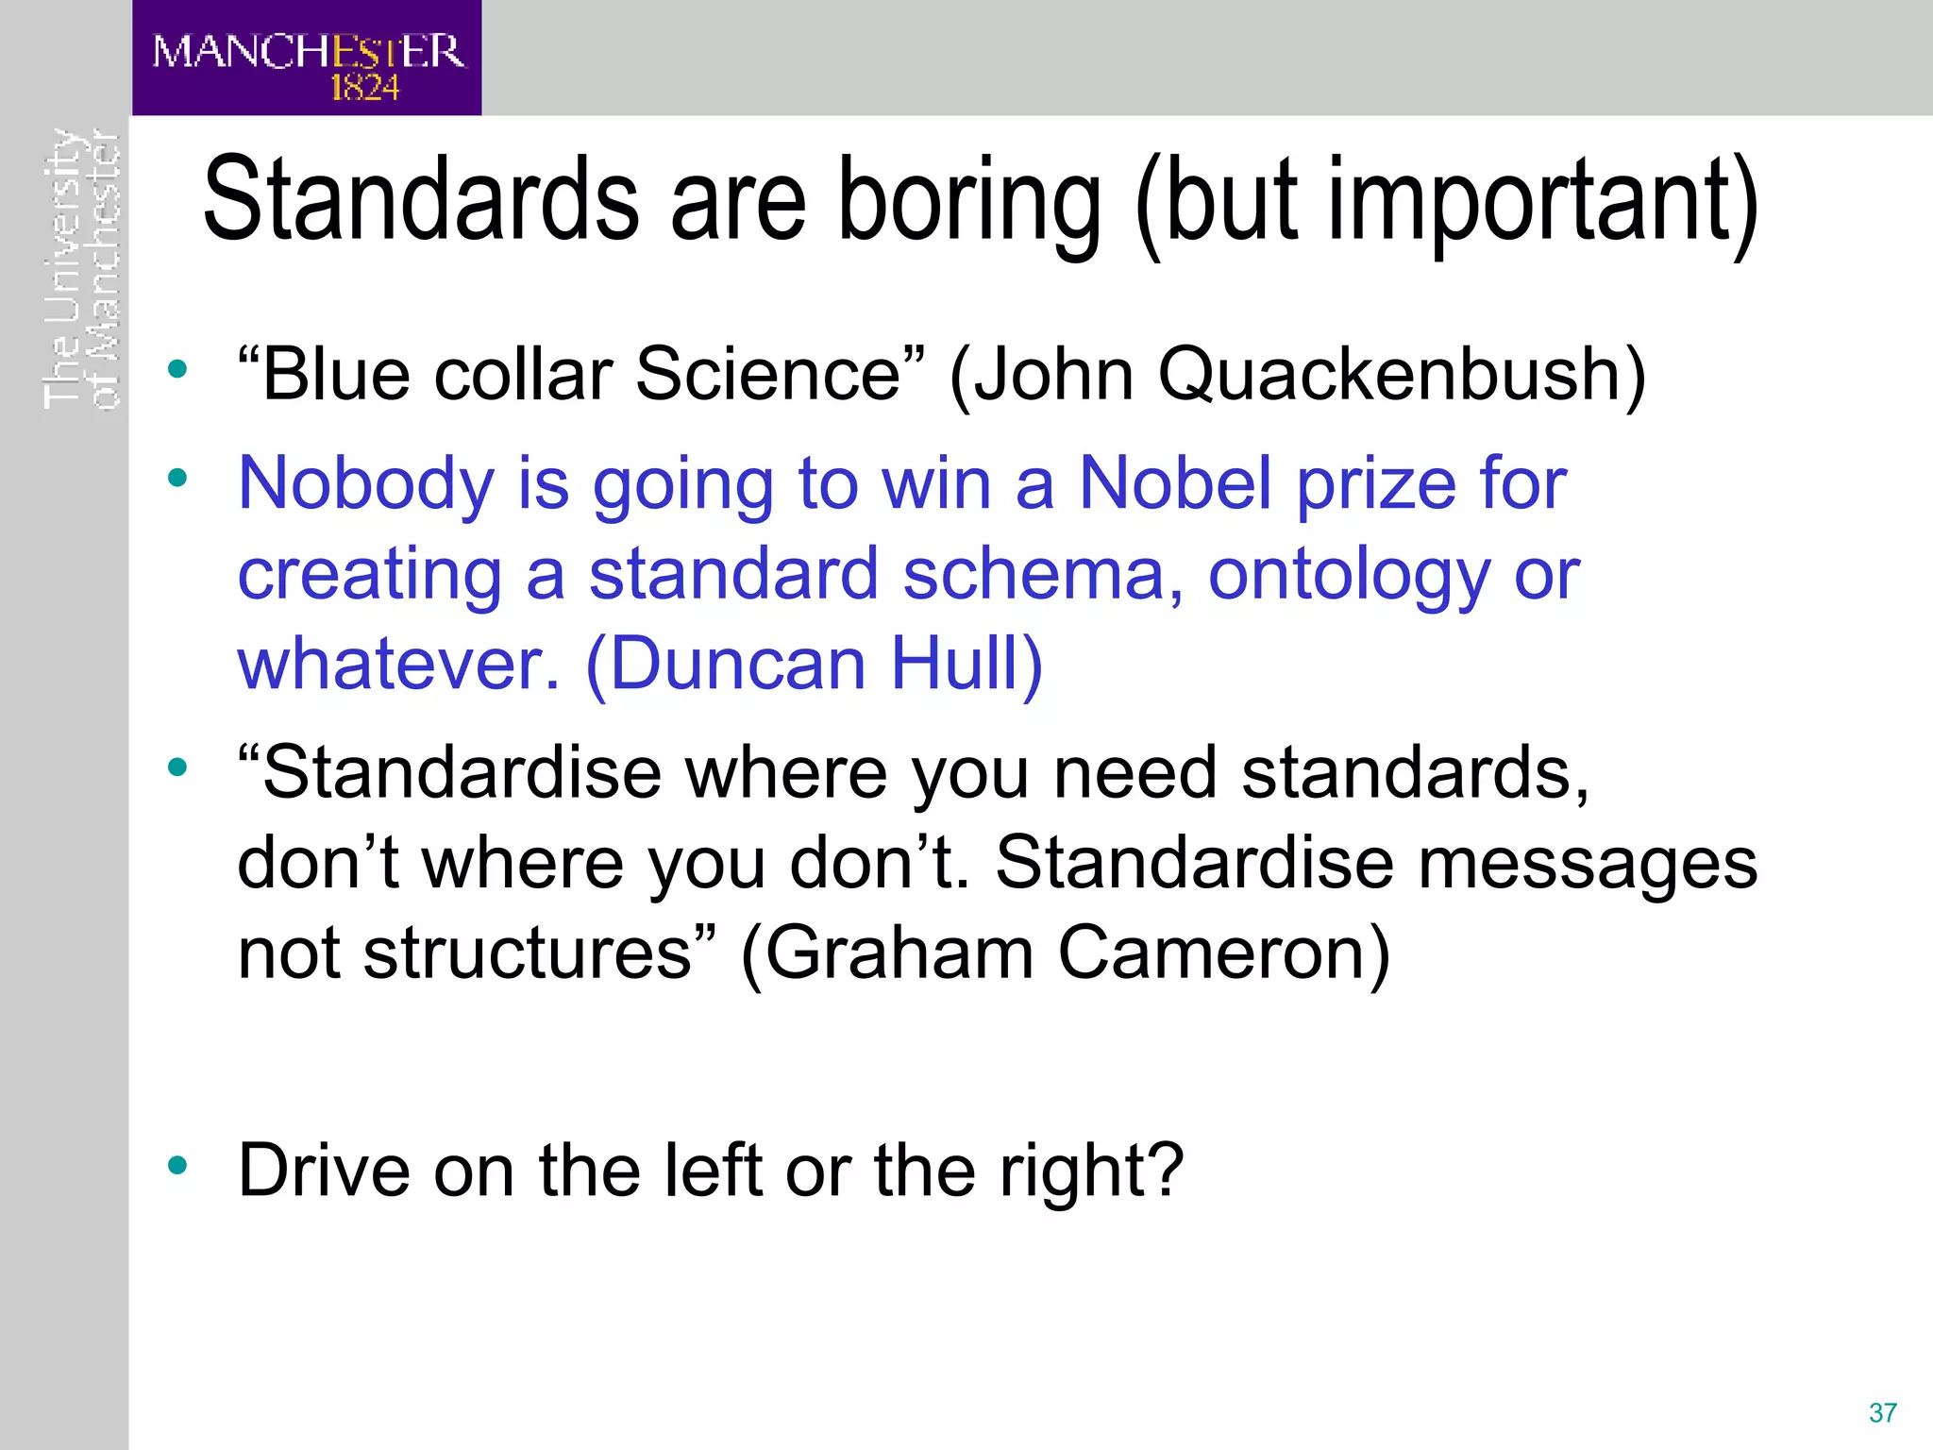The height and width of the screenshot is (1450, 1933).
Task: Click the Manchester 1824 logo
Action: [x=307, y=59]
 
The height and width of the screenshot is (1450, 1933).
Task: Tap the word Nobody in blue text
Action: [x=365, y=483]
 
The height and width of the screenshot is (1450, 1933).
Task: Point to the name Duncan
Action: [x=738, y=664]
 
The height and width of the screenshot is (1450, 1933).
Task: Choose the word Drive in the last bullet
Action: [x=324, y=1171]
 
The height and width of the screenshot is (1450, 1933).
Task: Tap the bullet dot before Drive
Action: [x=177, y=1167]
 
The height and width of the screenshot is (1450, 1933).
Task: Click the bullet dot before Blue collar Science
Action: [x=177, y=369]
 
